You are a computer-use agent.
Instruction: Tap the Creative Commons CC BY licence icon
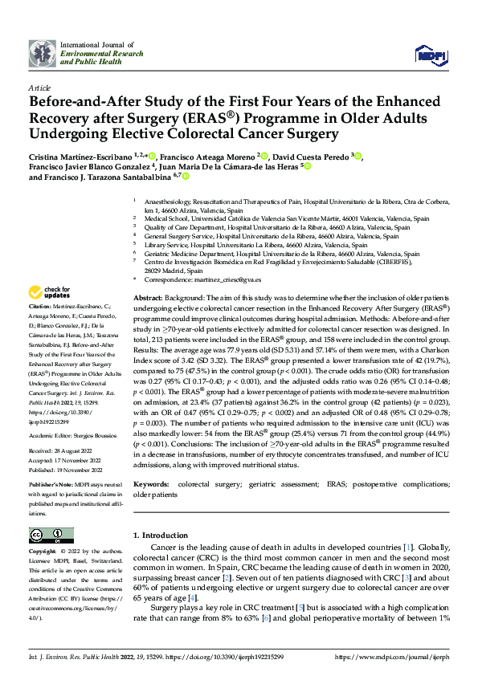pyautogui.click(x=47, y=535)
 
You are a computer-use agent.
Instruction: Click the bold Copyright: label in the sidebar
pyautogui.click(x=43, y=552)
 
